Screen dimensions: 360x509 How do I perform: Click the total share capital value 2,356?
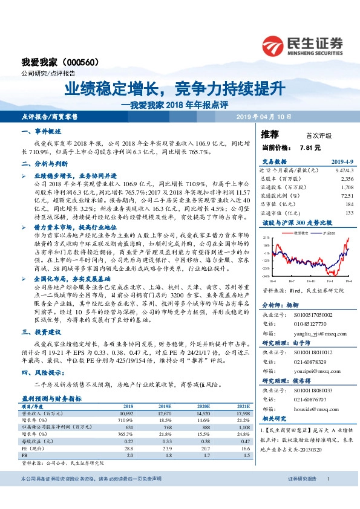coord(347,179)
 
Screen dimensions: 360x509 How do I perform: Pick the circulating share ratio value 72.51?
coord(347,196)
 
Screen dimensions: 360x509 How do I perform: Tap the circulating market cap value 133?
coord(349,213)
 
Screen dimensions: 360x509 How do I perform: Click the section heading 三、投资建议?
coord(41,332)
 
